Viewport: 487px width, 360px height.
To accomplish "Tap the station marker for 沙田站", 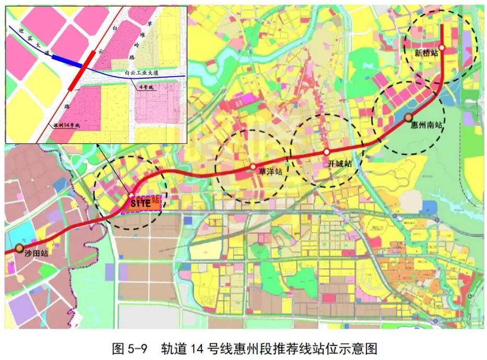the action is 20,248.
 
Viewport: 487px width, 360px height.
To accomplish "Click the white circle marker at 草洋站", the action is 253,167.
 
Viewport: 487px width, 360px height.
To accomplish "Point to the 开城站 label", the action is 339,163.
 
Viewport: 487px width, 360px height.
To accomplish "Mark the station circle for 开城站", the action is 327,152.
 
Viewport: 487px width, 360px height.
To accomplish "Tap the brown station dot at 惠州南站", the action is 409,117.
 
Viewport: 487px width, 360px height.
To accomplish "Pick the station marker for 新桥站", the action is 442,48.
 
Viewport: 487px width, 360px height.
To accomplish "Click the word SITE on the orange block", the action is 139,202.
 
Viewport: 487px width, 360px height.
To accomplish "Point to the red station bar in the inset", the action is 81,70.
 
